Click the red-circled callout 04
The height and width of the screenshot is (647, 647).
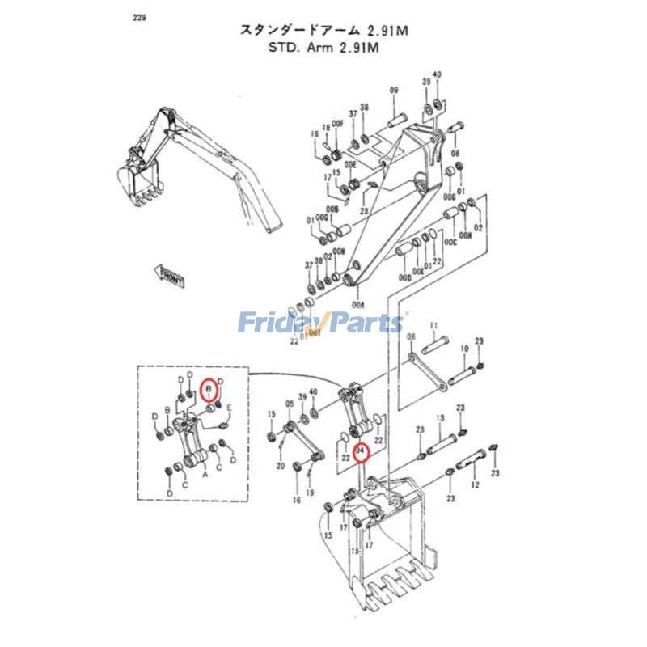(362, 452)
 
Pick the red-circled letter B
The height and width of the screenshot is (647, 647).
(209, 390)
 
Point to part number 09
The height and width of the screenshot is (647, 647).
(395, 90)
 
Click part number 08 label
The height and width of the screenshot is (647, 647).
(455, 153)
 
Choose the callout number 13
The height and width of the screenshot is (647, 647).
(441, 417)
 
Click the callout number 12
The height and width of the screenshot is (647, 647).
(475, 484)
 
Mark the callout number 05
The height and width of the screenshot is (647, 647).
(289, 403)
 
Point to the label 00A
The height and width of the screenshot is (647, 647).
(357, 305)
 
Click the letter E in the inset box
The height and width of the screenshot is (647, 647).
(230, 407)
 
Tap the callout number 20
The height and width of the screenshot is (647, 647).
(281, 467)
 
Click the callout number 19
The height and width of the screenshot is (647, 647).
(310, 493)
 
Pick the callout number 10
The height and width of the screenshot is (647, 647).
(464, 349)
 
